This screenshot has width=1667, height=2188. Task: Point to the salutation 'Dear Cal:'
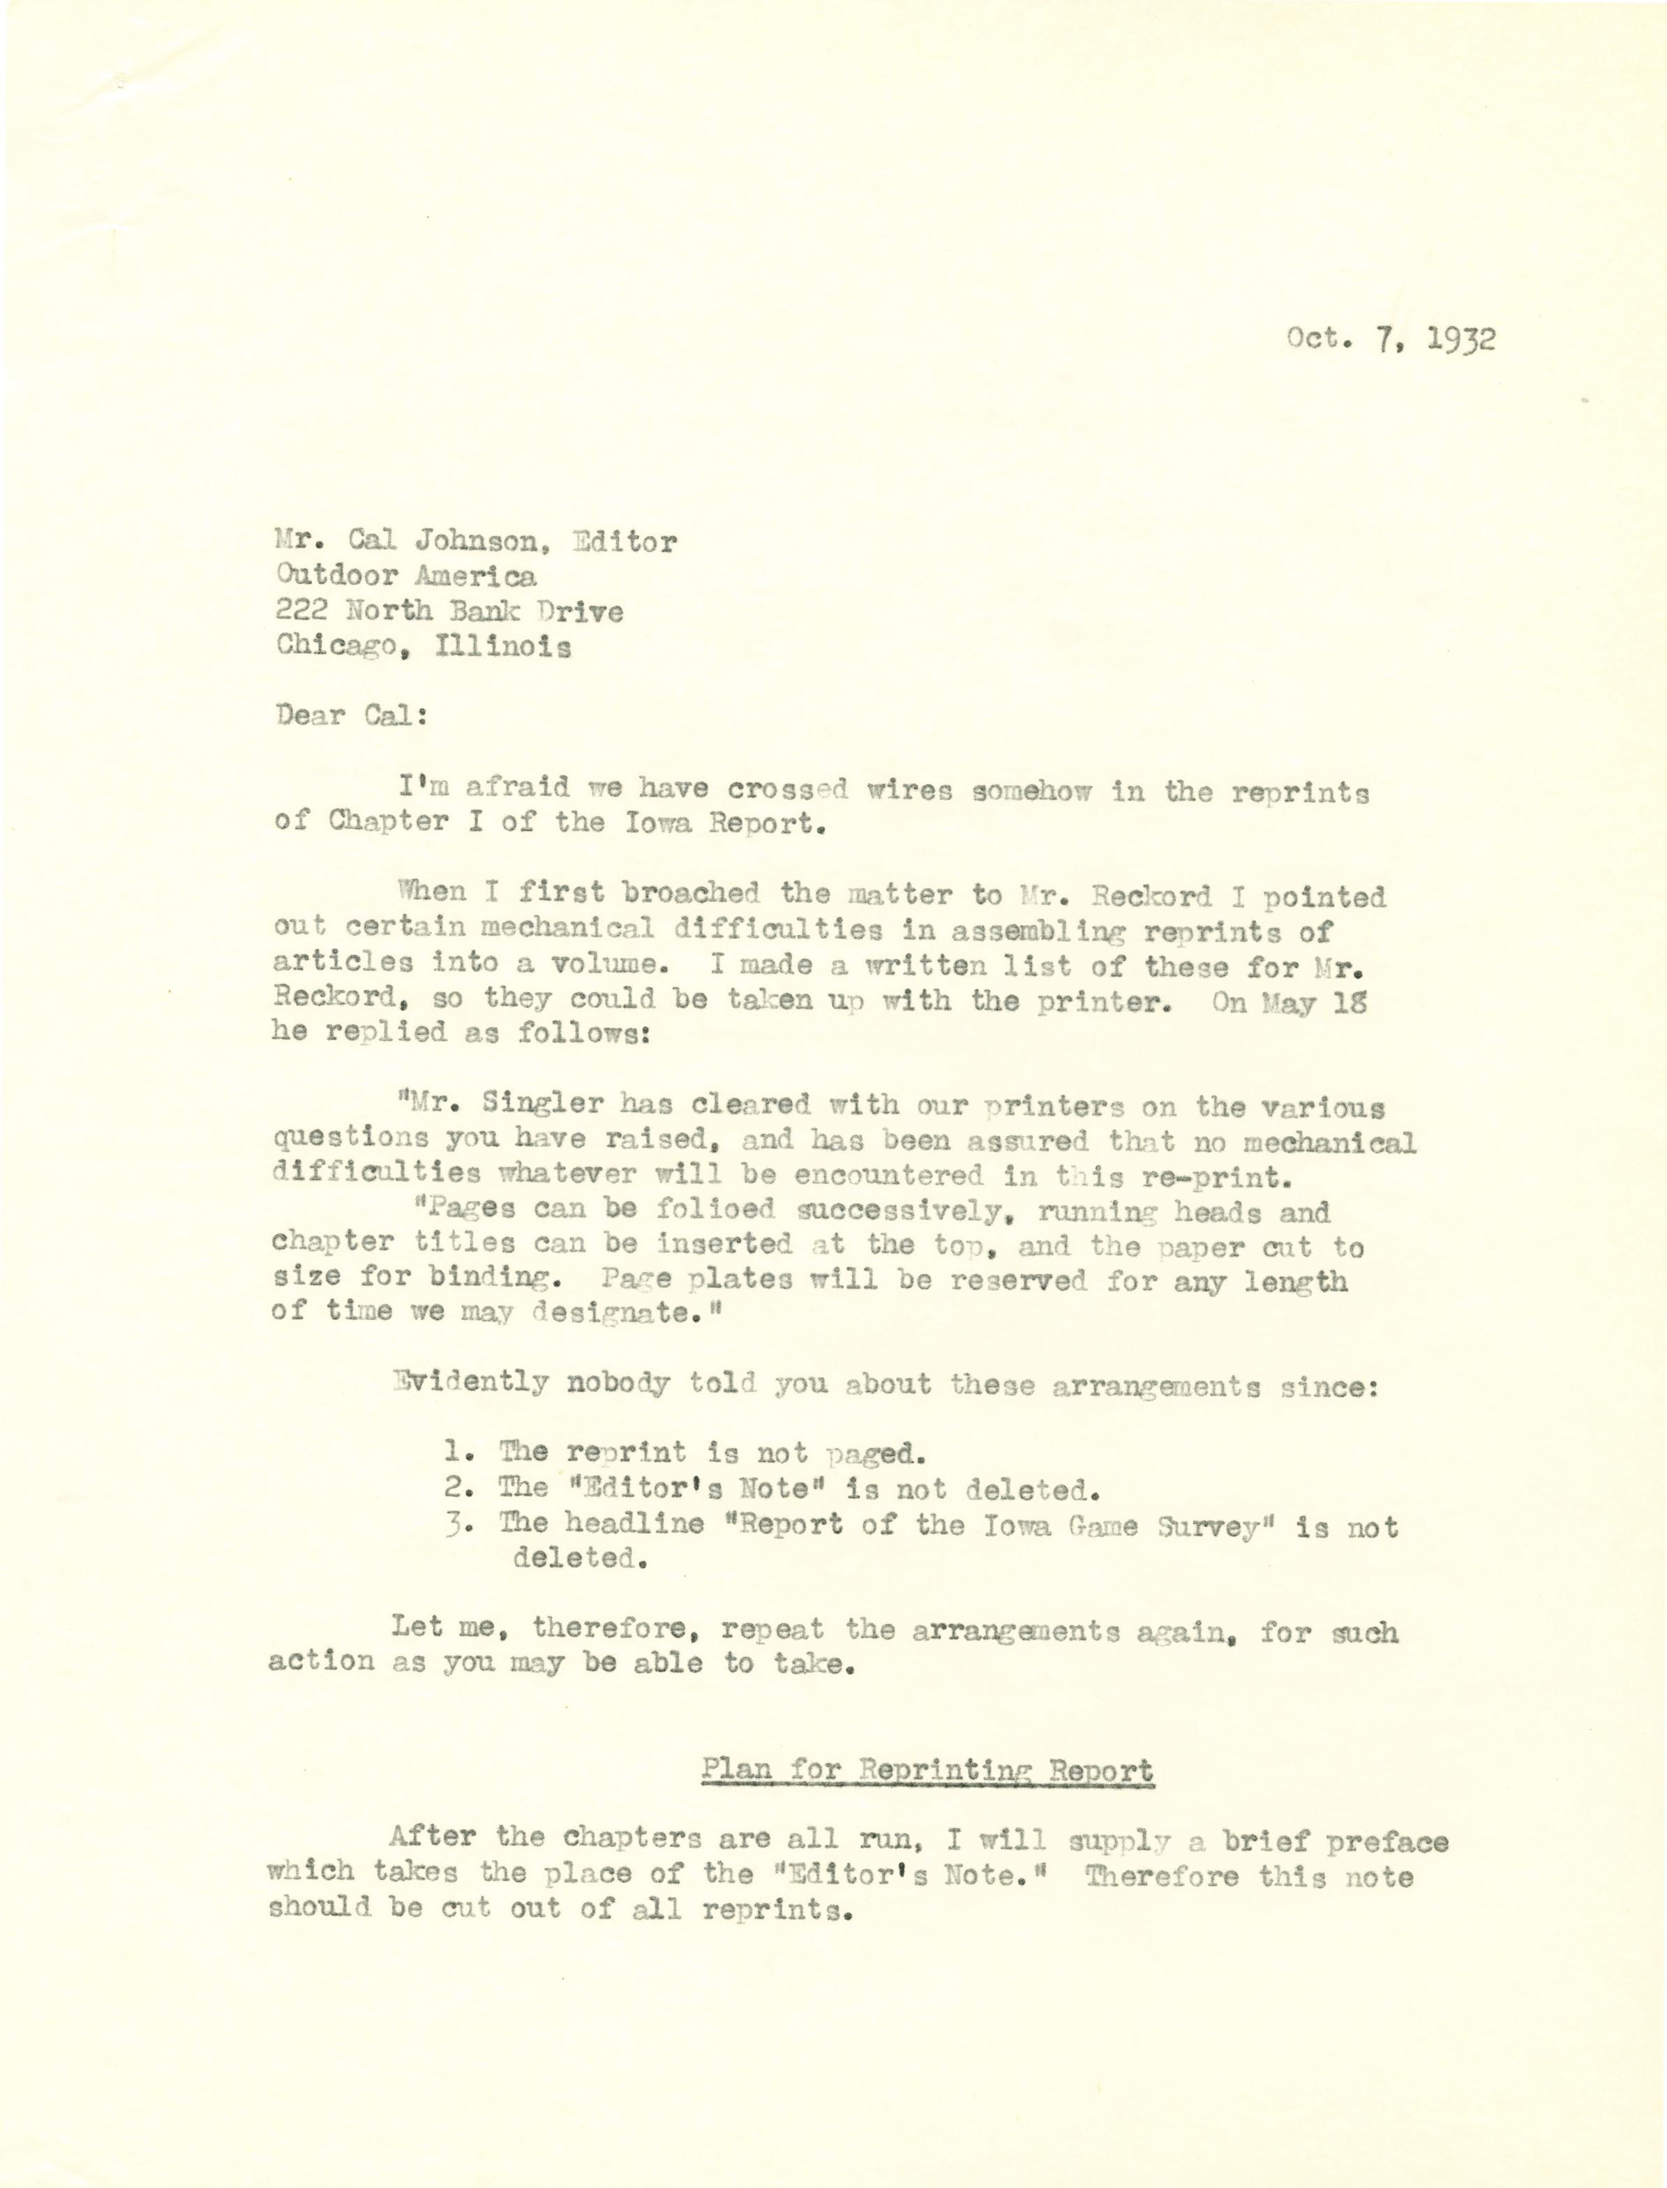click(x=352, y=717)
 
